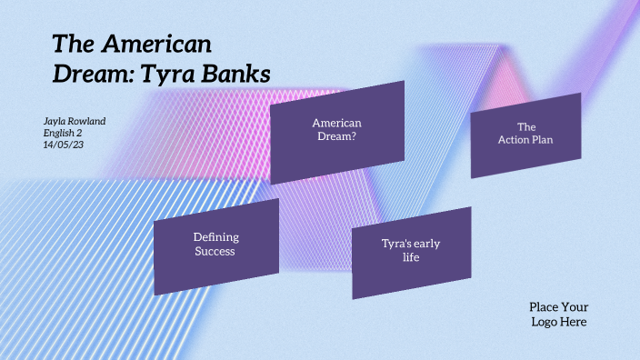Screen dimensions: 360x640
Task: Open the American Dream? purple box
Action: tap(337, 130)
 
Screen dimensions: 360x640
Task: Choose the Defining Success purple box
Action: tap(216, 245)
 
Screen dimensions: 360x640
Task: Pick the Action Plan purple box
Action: tap(525, 134)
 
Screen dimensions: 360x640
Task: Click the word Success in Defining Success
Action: tap(215, 251)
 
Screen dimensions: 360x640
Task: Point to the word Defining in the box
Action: tap(216, 237)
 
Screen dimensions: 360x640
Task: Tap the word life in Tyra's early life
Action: tap(411, 257)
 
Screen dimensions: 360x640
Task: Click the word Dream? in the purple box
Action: tap(336, 136)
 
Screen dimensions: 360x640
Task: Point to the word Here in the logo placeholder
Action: tap(574, 322)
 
